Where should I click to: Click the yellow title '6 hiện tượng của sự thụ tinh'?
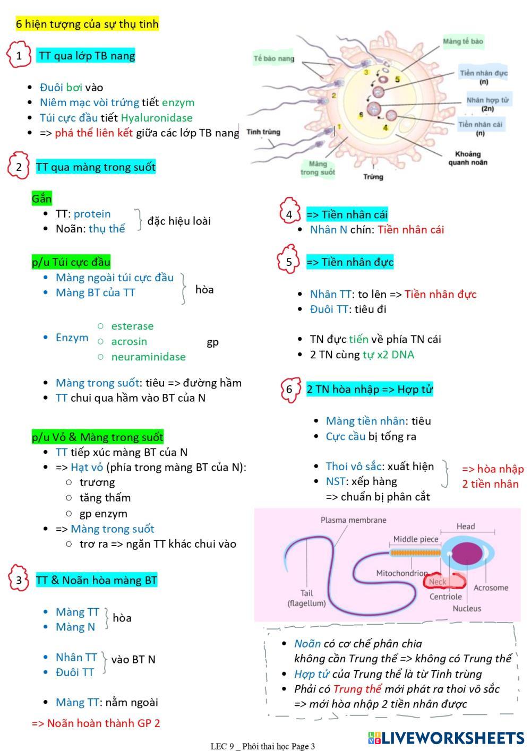(87, 24)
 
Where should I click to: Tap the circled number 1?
(19, 55)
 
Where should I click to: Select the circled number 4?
(289, 214)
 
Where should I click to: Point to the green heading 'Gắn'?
(41, 198)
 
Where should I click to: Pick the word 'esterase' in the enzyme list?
(132, 326)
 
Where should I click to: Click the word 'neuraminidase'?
(148, 357)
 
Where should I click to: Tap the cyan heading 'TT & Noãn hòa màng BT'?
(97, 580)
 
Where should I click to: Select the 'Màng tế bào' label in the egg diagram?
(463, 41)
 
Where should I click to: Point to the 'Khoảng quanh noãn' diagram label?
(467, 158)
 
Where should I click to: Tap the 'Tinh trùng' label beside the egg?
(263, 132)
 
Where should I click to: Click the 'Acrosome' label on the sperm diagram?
(491, 588)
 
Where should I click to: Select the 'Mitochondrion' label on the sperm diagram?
(402, 573)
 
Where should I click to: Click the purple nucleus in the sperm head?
(467, 554)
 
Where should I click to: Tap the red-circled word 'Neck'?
(438, 582)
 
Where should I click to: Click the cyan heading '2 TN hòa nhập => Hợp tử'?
(370, 389)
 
